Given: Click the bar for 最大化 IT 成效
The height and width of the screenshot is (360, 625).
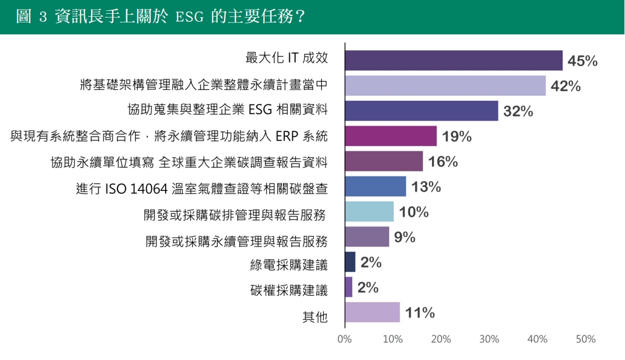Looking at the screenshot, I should (x=454, y=60).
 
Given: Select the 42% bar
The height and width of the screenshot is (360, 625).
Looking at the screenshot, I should (x=445, y=85).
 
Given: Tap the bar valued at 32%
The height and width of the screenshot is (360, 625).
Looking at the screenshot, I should (x=421, y=111).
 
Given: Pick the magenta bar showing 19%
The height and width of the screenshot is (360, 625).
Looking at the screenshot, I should (x=391, y=136).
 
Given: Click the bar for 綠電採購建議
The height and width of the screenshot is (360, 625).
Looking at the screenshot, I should (x=350, y=262).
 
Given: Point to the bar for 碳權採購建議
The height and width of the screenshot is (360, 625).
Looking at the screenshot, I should (x=349, y=287).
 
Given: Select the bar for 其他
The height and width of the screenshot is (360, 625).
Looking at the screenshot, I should (x=372, y=312).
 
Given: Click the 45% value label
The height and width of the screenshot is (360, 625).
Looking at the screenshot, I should (x=583, y=61).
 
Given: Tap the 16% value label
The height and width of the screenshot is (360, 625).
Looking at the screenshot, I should (x=443, y=162).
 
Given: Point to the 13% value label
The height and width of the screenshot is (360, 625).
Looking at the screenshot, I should (x=426, y=187).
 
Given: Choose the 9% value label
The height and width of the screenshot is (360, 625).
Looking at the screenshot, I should (x=404, y=237).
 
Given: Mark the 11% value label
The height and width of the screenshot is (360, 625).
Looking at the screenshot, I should (x=420, y=313).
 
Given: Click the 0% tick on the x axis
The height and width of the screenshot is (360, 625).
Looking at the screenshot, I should (x=344, y=339).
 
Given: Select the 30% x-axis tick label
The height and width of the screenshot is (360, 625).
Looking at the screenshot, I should (x=489, y=339).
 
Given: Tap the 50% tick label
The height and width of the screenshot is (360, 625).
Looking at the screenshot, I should (x=585, y=339).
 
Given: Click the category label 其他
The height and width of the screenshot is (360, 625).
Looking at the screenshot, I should (x=315, y=316).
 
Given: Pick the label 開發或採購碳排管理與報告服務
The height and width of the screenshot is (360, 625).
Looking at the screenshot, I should (x=235, y=215).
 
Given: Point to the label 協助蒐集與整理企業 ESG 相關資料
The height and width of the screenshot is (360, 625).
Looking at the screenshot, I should (x=228, y=109).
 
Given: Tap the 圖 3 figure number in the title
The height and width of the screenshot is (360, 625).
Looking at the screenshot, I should (x=32, y=17).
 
